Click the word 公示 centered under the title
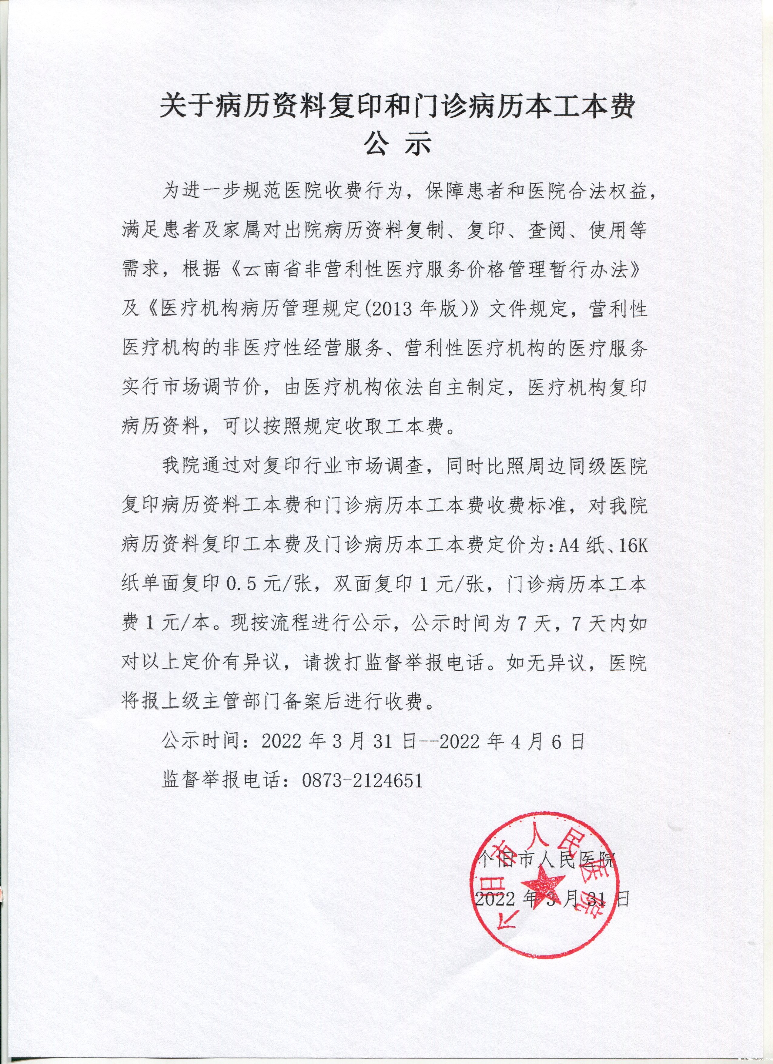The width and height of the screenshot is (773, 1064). tap(397, 146)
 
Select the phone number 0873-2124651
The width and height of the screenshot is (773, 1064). tap(362, 780)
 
